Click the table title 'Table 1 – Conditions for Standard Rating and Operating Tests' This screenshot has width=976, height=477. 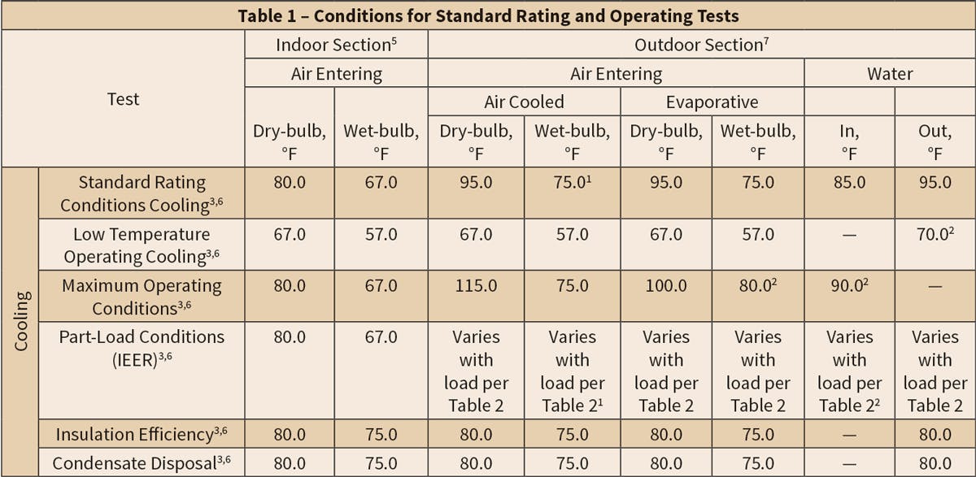pyautogui.click(x=488, y=15)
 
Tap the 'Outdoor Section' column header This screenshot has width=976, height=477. pyautogui.click(x=701, y=45)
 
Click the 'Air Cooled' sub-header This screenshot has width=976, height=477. pyautogui.click(x=524, y=102)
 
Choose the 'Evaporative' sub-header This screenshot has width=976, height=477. pyautogui.click(x=712, y=102)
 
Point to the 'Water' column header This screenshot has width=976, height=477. pyautogui.click(x=890, y=74)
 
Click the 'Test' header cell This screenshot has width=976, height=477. pyautogui.click(x=124, y=99)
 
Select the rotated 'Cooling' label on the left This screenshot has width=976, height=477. pyautogui.click(x=21, y=321)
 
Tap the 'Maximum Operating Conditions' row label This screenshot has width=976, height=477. pyautogui.click(x=142, y=297)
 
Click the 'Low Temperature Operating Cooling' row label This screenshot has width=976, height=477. pyautogui.click(x=142, y=245)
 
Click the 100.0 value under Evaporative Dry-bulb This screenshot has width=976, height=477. pyautogui.click(x=666, y=287)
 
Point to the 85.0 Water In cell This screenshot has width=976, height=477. pyautogui.click(x=849, y=183)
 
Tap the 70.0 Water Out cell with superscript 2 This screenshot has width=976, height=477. pyautogui.click(x=935, y=235)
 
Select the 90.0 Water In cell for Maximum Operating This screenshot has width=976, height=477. pyautogui.click(x=849, y=287)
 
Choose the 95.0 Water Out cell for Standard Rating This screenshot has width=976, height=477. pyautogui.click(x=935, y=183)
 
